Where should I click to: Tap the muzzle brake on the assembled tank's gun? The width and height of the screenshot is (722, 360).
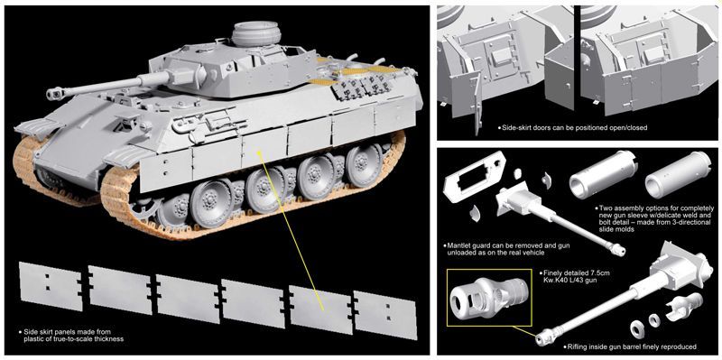click(x=54, y=95)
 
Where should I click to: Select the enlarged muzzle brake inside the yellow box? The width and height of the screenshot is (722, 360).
click(x=488, y=295)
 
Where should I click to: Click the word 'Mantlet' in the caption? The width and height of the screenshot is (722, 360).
click(x=459, y=245)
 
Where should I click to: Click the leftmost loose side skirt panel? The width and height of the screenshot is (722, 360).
click(x=51, y=286)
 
